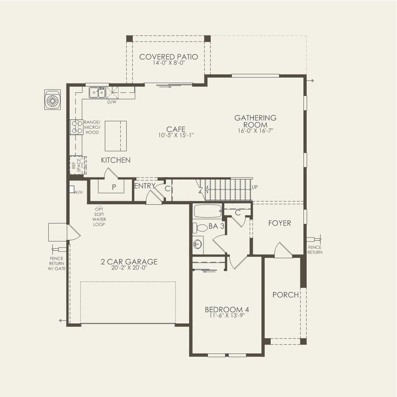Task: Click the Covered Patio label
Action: click(x=169, y=57)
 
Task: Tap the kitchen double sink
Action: click(x=98, y=92)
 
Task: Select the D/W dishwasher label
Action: click(x=112, y=102)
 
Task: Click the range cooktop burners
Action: click(x=77, y=127)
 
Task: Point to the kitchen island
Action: click(x=116, y=136)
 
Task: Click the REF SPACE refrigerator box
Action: click(x=77, y=165)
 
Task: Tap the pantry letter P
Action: click(x=114, y=187)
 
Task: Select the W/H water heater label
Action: click(x=78, y=192)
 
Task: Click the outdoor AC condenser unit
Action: click(x=53, y=100)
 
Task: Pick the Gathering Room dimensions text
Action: click(x=255, y=131)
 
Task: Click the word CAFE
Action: click(x=176, y=129)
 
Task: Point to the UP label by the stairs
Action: click(x=255, y=187)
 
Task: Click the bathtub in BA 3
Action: click(x=207, y=211)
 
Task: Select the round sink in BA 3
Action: click(x=198, y=245)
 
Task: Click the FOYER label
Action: click(x=279, y=223)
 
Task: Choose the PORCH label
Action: click(x=285, y=295)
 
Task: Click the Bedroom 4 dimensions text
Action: click(x=227, y=316)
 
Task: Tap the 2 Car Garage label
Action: click(x=129, y=261)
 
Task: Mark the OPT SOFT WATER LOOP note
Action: click(x=99, y=217)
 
